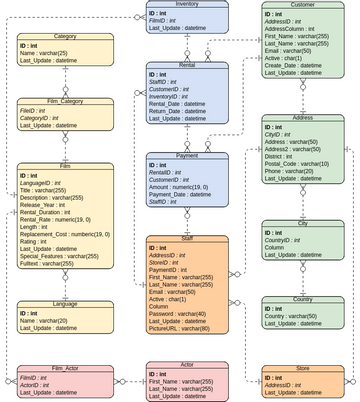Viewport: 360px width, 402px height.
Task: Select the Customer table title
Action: click(x=303, y=4)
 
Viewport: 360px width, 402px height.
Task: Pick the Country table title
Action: click(x=303, y=299)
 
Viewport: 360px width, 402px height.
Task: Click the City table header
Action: click(x=303, y=224)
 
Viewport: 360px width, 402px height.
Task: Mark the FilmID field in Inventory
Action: click(x=165, y=19)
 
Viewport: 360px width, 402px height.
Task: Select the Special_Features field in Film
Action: click(x=66, y=255)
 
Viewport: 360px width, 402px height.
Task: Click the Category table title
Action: click(x=65, y=36)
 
